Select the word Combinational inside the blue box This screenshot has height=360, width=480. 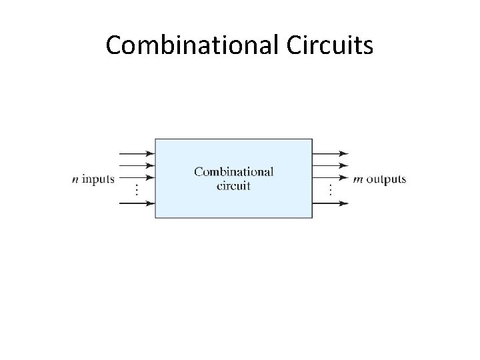pyautogui.click(x=233, y=171)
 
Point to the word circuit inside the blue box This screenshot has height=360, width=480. pyautogui.click(x=233, y=185)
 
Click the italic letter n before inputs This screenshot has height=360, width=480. pyautogui.click(x=76, y=179)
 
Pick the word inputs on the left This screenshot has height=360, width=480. pyautogui.click(x=97, y=179)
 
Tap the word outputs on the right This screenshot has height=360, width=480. pyautogui.click(x=387, y=179)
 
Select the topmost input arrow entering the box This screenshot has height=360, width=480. pyautogui.click(x=137, y=153)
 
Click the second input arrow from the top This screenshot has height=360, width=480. pyautogui.click(x=137, y=165)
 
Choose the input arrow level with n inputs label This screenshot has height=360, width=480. pyautogui.click(x=137, y=178)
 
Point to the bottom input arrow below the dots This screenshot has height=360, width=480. pyautogui.click(x=137, y=203)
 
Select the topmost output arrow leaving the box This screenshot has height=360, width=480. pyautogui.click(x=330, y=153)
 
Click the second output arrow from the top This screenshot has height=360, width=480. pyautogui.click(x=330, y=165)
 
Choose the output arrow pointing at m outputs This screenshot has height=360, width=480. pyautogui.click(x=330, y=178)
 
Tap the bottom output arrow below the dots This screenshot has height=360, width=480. pyautogui.click(x=330, y=203)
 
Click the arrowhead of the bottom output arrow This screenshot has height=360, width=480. pyautogui.click(x=344, y=203)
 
